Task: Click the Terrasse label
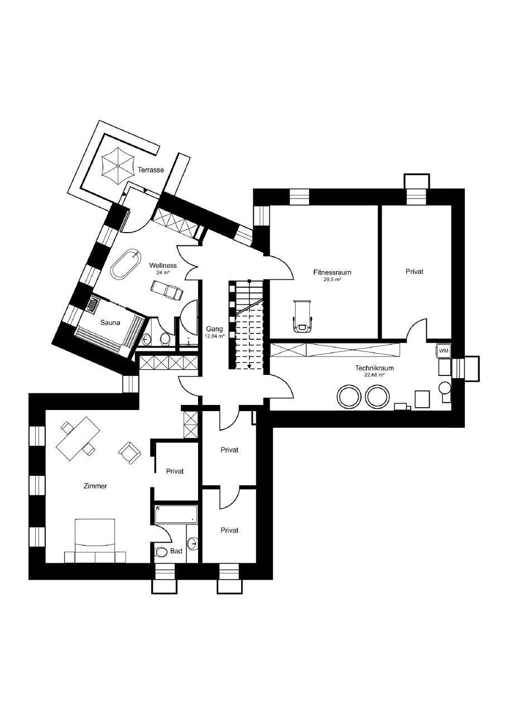click(151, 170)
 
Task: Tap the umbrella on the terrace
click(118, 166)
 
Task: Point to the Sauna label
click(110, 322)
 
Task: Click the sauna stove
click(94, 303)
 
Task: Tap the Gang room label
click(215, 329)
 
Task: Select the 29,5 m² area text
click(332, 279)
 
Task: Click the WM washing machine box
click(444, 351)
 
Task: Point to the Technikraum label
click(374, 368)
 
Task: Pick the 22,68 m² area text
click(374, 375)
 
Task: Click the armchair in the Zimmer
click(130, 452)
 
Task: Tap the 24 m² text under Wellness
click(163, 273)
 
